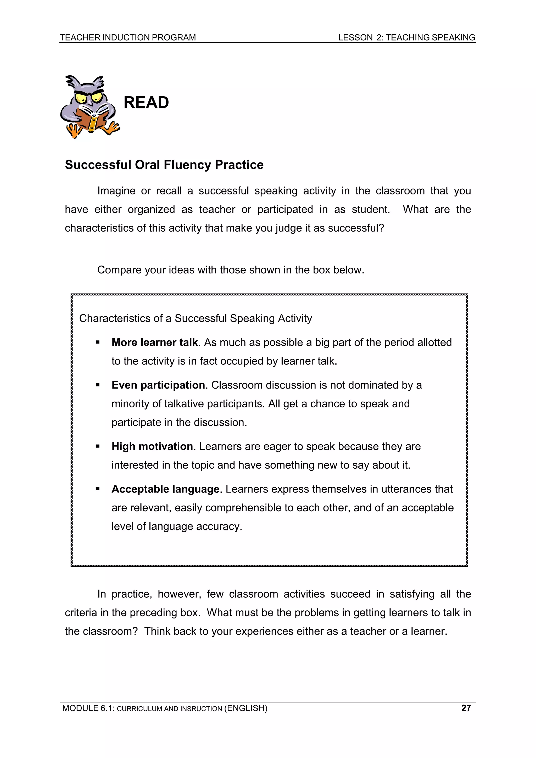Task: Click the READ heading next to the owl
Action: tap(146, 102)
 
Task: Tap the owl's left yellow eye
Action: tap(80, 98)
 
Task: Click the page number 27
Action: tap(466, 708)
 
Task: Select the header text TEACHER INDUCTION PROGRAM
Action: tap(127, 38)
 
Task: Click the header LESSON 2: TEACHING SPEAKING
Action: tap(406, 38)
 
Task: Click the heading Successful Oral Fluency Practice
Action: tap(164, 165)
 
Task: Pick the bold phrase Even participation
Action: tap(158, 385)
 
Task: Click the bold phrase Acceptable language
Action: tap(165, 489)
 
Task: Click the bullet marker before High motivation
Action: tap(98, 447)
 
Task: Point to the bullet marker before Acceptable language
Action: tap(98, 489)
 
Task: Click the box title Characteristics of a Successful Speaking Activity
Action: tap(196, 318)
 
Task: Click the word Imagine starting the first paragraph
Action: tap(116, 191)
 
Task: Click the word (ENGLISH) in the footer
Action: tap(246, 708)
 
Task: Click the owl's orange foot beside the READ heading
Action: tap(112, 128)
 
